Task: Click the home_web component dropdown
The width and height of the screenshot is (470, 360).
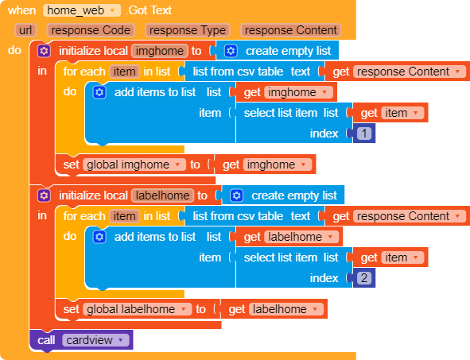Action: point(82,10)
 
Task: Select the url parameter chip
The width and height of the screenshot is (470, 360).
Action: point(25,30)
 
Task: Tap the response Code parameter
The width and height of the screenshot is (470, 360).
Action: point(91,30)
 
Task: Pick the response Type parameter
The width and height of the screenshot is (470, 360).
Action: point(188,30)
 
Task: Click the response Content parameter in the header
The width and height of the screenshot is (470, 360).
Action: point(291,30)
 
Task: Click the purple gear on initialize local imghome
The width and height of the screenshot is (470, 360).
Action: point(44,51)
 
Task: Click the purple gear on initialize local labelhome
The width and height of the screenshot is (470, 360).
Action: point(44,195)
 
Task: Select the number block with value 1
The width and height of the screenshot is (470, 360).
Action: point(364,134)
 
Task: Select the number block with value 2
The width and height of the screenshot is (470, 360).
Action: point(364,278)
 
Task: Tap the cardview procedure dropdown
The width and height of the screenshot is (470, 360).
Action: point(95,340)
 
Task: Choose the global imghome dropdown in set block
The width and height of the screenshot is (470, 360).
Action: point(134,165)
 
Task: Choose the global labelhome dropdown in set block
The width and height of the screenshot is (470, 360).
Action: point(138,309)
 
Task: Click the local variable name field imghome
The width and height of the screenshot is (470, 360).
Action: point(160,51)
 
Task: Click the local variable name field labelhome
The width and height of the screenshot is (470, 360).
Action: point(163,195)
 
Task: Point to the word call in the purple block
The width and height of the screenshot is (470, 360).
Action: point(46,340)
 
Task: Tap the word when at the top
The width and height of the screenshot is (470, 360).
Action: point(22,10)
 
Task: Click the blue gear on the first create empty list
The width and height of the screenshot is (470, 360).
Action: point(231,51)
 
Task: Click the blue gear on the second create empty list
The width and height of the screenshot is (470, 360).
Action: point(237,195)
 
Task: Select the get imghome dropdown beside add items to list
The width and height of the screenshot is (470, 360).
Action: point(298,92)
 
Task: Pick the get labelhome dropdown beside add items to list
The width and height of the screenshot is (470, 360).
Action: point(301,237)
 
